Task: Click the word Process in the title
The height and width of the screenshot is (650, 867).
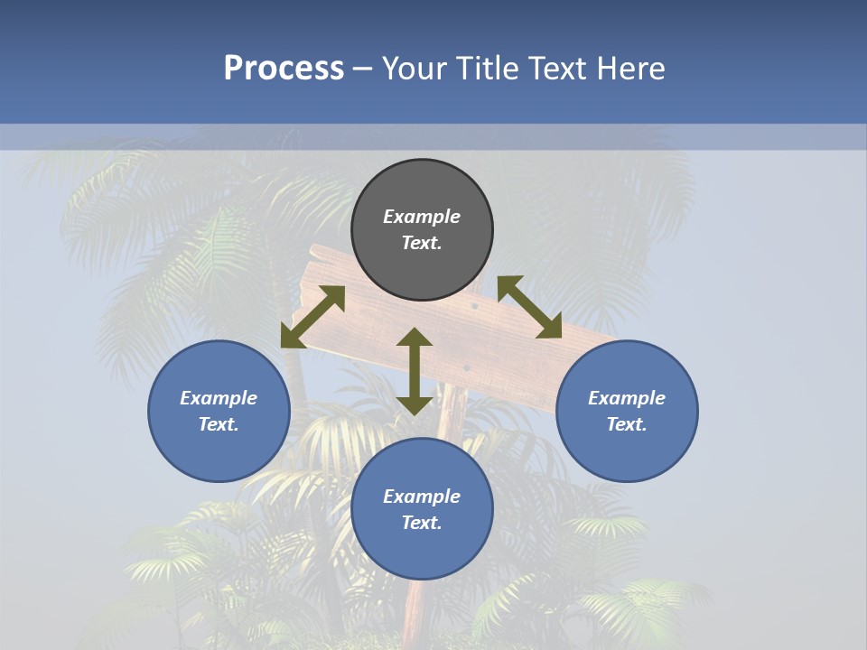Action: (x=284, y=69)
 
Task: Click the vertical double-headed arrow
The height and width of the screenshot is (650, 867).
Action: (x=415, y=371)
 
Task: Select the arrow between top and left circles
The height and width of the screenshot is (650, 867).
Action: (x=313, y=317)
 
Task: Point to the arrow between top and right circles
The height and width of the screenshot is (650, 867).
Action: (x=530, y=307)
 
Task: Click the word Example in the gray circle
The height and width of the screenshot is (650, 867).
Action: (x=422, y=217)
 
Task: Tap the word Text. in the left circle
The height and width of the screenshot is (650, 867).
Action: (x=219, y=424)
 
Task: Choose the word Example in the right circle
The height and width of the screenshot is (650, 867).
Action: (x=627, y=398)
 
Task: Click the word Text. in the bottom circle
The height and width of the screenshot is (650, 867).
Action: (x=422, y=523)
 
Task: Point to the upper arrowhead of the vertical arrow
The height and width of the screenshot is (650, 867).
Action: (x=415, y=338)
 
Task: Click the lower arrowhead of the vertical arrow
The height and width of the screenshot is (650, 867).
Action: (x=415, y=404)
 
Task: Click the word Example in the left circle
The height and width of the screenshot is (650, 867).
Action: (x=219, y=398)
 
